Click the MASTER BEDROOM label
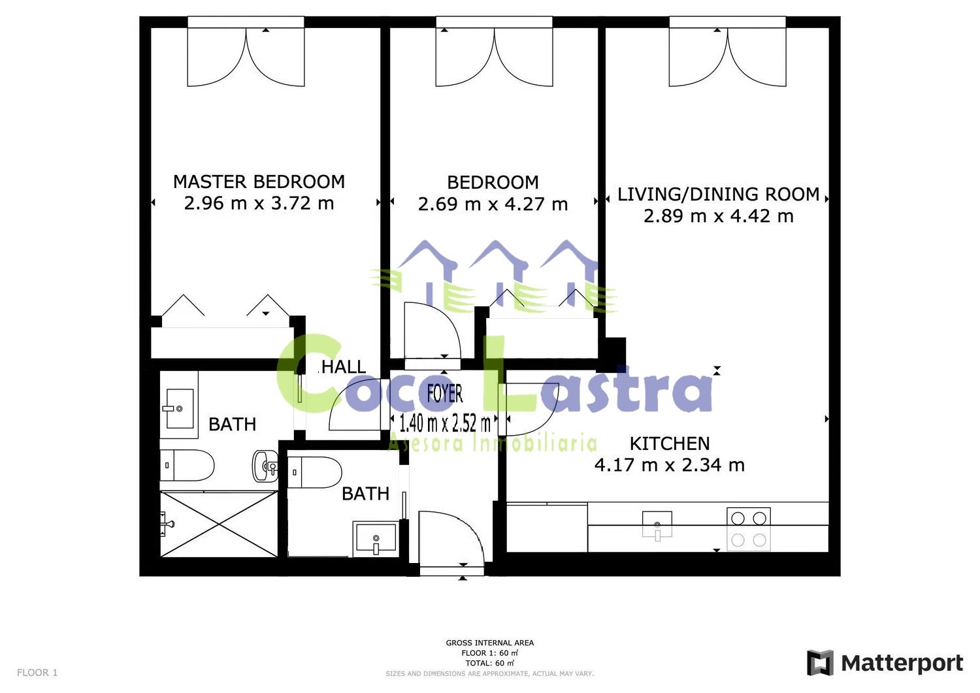coord(259,182)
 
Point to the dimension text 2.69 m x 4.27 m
coord(493,204)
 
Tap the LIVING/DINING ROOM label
coord(719,194)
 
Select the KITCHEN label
coord(670,443)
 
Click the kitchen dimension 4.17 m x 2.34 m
coord(670,464)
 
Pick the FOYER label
coord(445,393)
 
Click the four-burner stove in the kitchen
coord(749,529)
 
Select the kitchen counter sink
coord(657,526)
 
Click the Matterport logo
coord(885,663)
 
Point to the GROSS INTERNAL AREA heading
coord(489,643)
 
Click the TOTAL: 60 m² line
coord(489,663)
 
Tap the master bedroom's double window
coord(246,52)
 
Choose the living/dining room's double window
coord(728,52)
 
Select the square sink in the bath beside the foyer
coord(376,539)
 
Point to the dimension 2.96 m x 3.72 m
coord(259,203)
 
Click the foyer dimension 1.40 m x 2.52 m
coord(445,423)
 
